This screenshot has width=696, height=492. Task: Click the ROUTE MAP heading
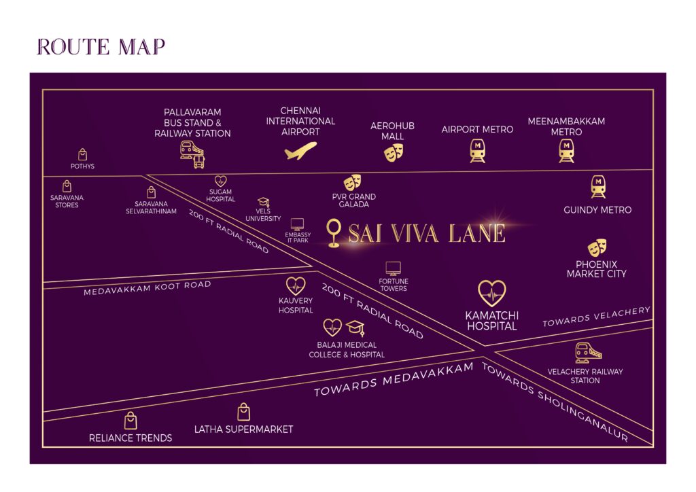click(101, 47)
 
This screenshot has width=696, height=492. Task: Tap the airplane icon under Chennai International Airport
click(301, 150)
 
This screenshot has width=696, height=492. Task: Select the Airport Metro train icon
click(477, 150)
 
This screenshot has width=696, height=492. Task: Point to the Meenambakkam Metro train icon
click(566, 150)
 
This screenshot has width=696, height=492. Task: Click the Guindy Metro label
click(597, 210)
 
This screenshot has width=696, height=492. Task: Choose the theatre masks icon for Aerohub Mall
click(393, 152)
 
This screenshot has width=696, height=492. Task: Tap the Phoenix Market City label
click(597, 269)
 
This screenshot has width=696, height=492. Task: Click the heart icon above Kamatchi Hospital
click(491, 294)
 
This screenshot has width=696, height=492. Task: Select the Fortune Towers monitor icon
click(393, 268)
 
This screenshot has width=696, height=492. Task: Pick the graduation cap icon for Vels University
click(264, 203)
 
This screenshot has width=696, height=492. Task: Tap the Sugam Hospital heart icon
click(220, 181)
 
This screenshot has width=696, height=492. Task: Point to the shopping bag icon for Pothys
click(82, 155)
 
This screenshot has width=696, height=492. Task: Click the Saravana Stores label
click(67, 201)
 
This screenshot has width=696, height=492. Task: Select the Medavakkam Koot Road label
click(147, 288)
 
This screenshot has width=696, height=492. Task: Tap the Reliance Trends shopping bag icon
click(130, 421)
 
